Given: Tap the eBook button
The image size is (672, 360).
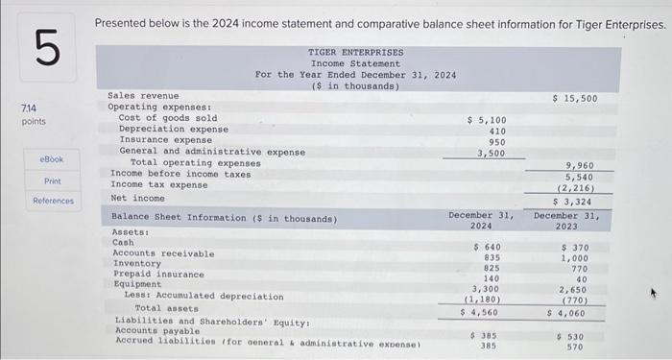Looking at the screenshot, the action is click(x=52, y=157).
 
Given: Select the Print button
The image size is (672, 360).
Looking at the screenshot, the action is click(x=52, y=180).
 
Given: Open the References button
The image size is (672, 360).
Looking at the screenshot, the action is click(x=52, y=201).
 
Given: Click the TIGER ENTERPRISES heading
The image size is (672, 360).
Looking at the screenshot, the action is click(x=355, y=52).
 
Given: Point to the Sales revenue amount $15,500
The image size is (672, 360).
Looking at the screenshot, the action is click(x=575, y=98).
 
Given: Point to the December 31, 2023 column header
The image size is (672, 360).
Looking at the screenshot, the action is click(x=566, y=221).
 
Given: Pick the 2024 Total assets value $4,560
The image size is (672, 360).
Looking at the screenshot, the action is click(x=481, y=312).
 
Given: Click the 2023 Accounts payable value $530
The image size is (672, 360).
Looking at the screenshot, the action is click(x=574, y=336).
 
